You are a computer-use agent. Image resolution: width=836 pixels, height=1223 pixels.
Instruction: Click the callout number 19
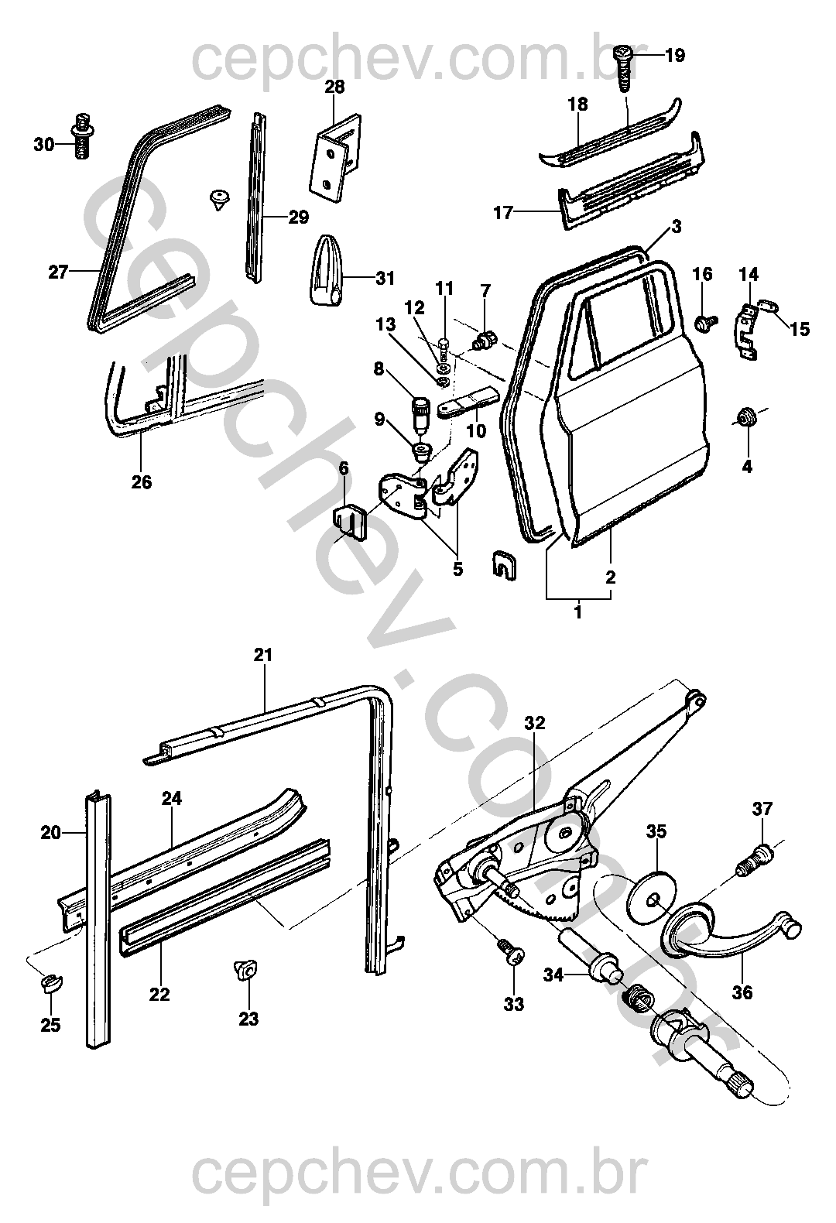[x=674, y=56]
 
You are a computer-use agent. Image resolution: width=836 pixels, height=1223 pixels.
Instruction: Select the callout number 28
[x=334, y=87]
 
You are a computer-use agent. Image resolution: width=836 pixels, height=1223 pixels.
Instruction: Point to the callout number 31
[x=385, y=278]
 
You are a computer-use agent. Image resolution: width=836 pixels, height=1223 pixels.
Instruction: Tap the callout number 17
[x=503, y=211]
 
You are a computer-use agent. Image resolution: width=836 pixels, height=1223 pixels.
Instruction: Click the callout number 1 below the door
[x=577, y=612]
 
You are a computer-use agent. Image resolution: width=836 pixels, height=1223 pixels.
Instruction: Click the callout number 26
[x=142, y=482]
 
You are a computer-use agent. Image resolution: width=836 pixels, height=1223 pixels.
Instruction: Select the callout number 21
[x=263, y=656]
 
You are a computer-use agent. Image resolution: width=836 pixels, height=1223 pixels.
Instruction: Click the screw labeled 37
[x=755, y=860]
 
